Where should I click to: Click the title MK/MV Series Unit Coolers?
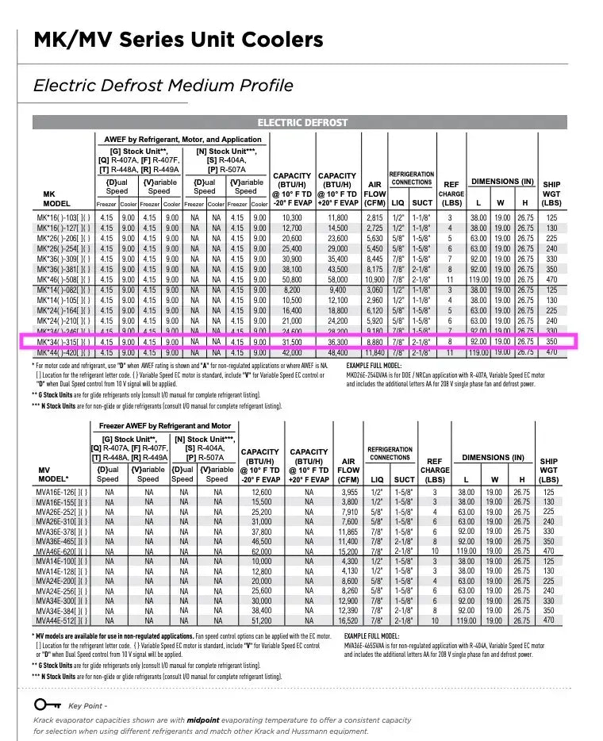[178, 40]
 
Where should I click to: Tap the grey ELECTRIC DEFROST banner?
[302, 123]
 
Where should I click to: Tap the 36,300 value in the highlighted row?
[338, 342]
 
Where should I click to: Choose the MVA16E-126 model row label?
[63, 492]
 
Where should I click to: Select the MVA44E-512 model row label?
[63, 620]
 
